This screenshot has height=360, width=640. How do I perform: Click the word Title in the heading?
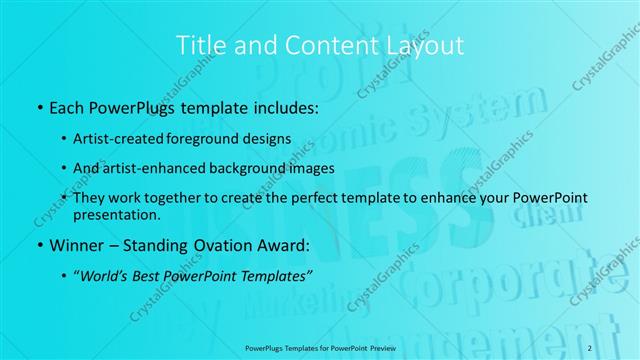[x=196, y=45]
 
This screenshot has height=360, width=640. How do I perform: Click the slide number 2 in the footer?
[x=590, y=346]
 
